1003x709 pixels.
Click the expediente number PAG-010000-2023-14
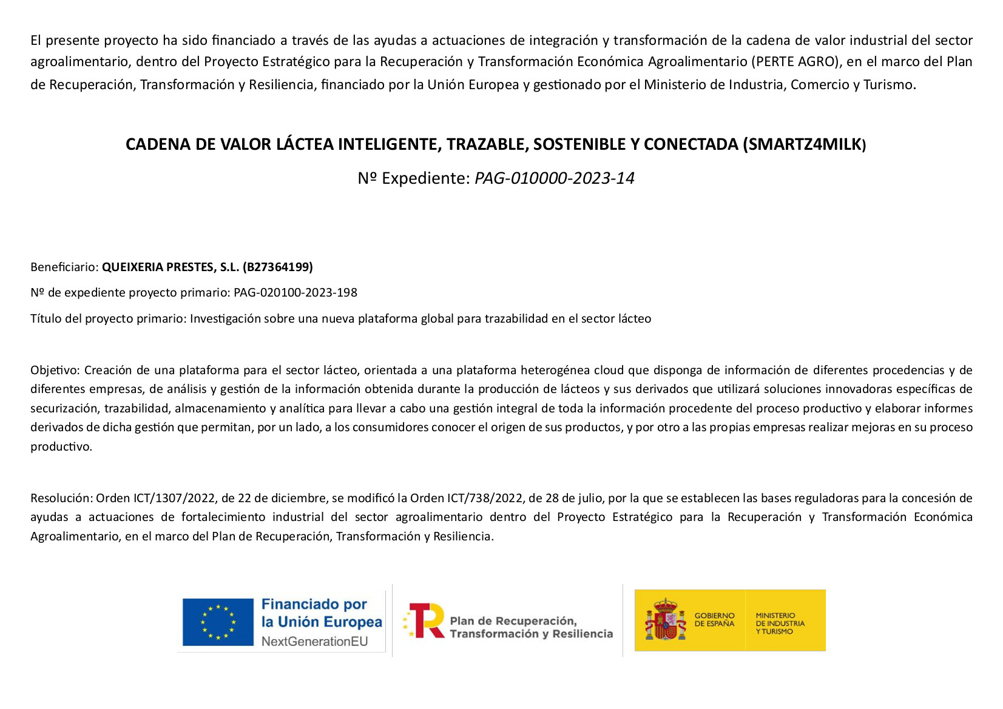pyautogui.click(x=554, y=178)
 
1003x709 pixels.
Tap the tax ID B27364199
pyautogui.click(x=278, y=267)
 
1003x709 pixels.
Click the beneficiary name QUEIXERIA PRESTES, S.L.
pyautogui.click(x=171, y=267)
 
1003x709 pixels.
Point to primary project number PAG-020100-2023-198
pyautogui.click(x=295, y=293)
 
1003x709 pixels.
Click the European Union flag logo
pyautogui.click(x=218, y=622)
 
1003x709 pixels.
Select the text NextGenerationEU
pyautogui.click(x=314, y=642)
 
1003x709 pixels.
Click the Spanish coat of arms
pyautogui.click(x=666, y=620)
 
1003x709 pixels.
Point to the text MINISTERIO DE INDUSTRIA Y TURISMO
pyautogui.click(x=780, y=623)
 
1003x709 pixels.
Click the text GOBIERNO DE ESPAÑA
pyautogui.click(x=714, y=619)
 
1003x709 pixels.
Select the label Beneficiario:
pyautogui.click(x=64, y=267)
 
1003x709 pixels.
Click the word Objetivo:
pyautogui.click(x=55, y=371)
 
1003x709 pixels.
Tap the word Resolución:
pyautogui.click(x=61, y=499)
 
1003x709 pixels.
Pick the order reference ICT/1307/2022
pyautogui.click(x=174, y=499)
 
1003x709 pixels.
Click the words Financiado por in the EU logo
pyautogui.click(x=314, y=604)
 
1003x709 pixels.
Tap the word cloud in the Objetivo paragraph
pyautogui.click(x=609, y=371)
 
